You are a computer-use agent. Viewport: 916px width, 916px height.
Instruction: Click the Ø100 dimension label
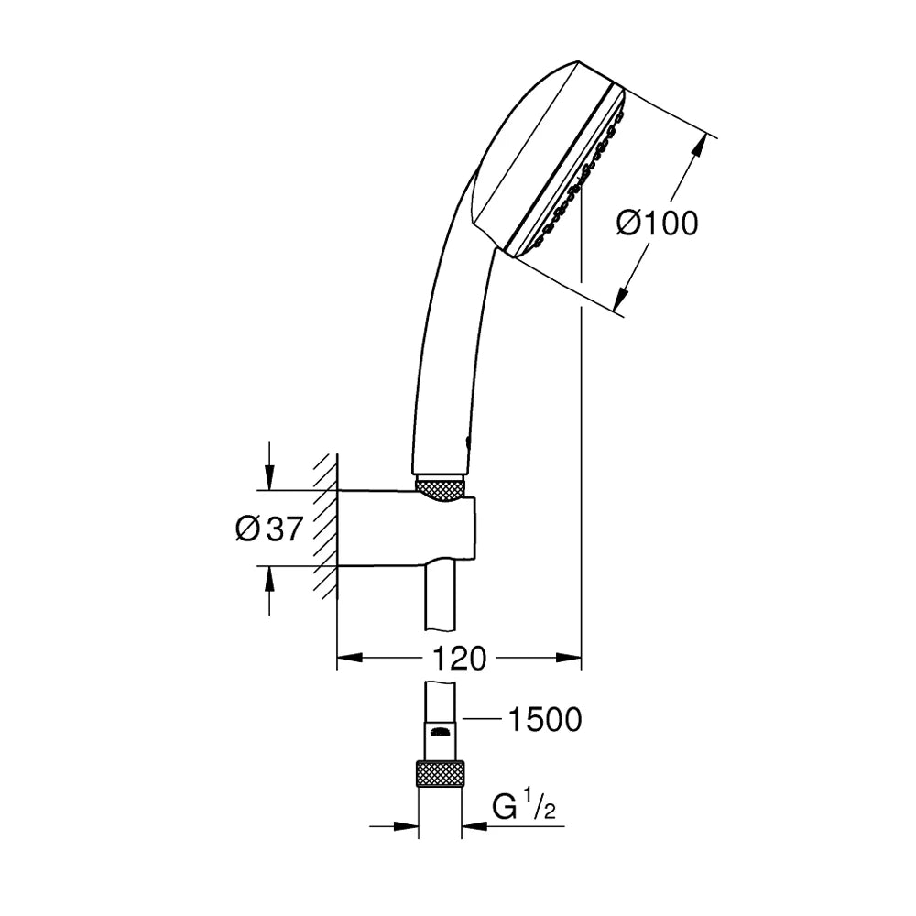click(657, 224)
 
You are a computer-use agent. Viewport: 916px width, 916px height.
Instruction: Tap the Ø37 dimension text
click(269, 529)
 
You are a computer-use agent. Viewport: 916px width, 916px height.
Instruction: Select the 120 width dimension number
click(459, 659)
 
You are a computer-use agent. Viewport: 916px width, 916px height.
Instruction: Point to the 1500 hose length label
click(546, 720)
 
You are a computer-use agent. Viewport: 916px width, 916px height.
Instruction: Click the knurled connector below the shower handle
click(442, 489)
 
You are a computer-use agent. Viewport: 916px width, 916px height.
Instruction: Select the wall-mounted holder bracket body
click(408, 529)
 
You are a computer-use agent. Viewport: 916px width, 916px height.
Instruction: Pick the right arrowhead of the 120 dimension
click(569, 658)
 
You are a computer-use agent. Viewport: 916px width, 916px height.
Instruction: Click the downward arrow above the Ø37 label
click(268, 465)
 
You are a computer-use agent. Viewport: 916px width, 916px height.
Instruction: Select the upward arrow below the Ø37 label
click(268, 591)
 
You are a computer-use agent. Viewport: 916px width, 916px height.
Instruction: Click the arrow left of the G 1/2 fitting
click(394, 826)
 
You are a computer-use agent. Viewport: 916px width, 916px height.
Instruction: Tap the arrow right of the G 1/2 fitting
click(513, 826)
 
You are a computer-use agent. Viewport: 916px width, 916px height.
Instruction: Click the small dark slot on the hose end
click(440, 730)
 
